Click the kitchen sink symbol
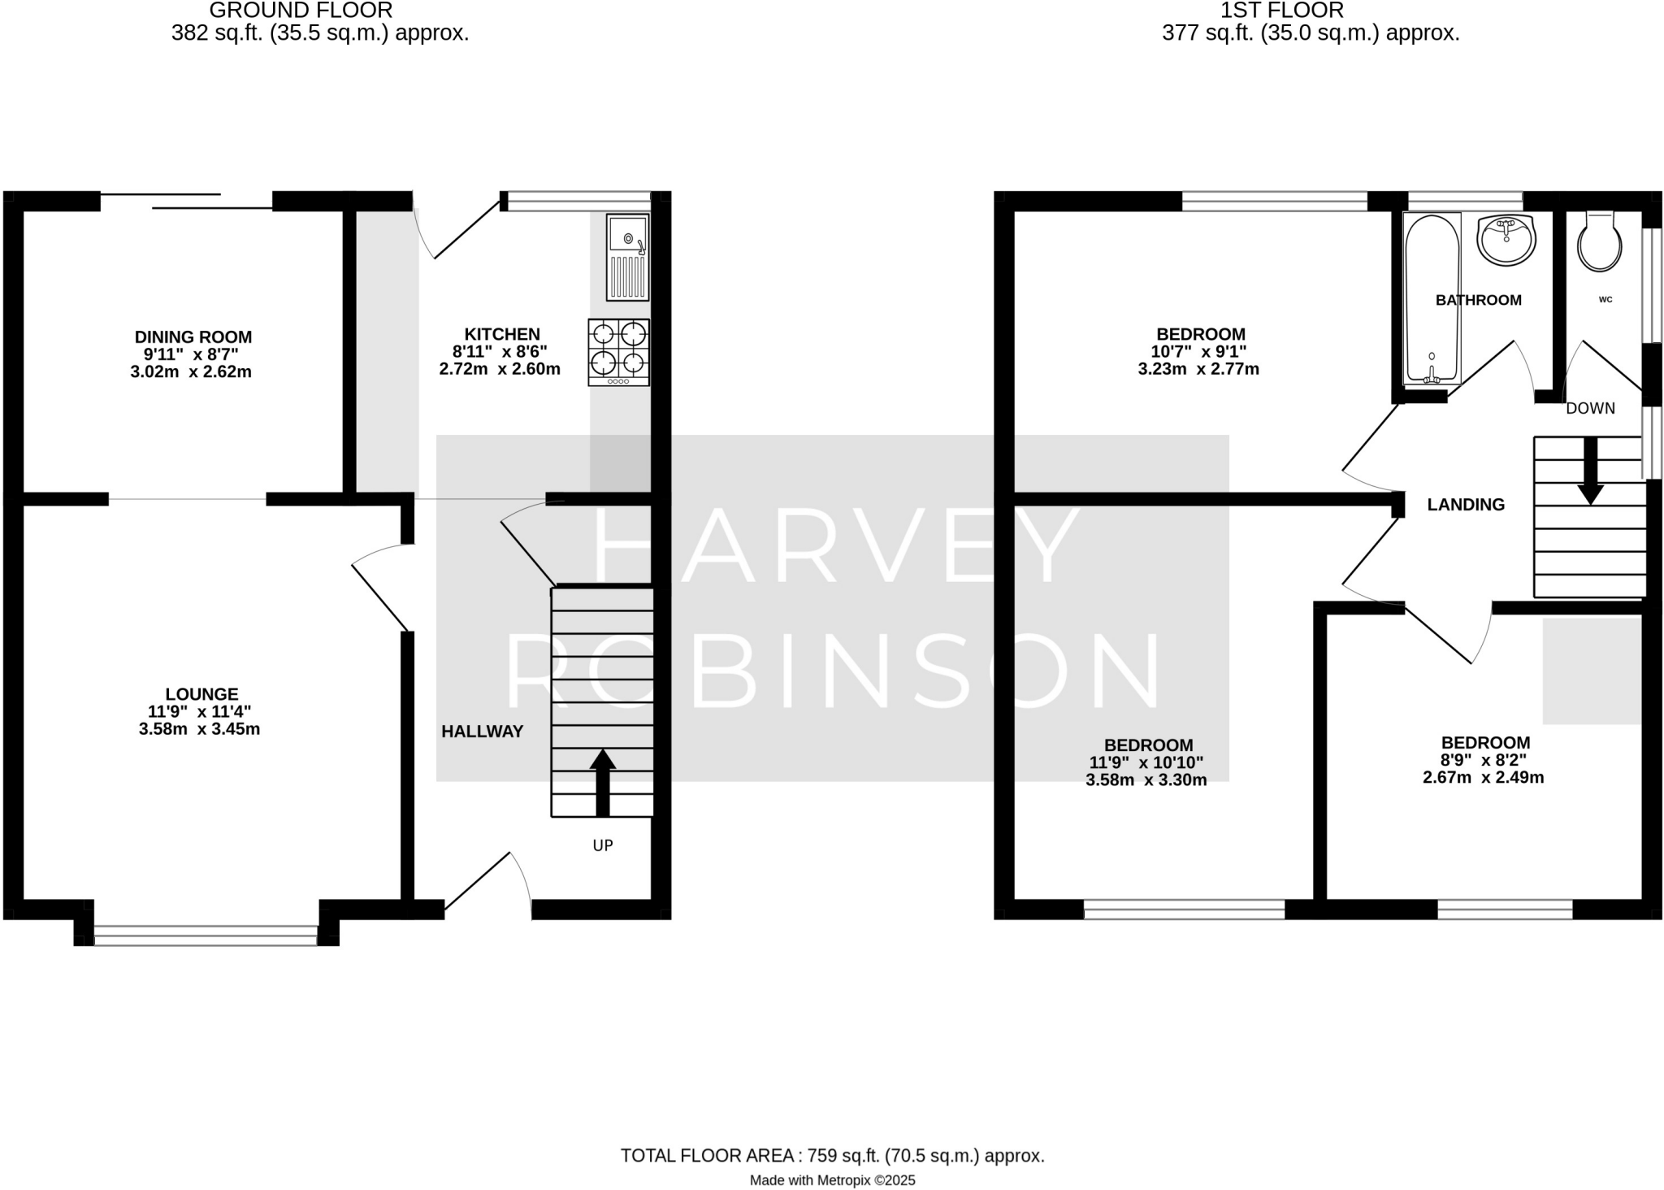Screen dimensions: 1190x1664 pos(627,257)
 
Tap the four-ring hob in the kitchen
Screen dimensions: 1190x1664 pos(619,351)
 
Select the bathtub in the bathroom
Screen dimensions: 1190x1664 pos(1432,298)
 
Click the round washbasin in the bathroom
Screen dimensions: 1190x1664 pos(1506,240)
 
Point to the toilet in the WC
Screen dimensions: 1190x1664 pos(1599,241)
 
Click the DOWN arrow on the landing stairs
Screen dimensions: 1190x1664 pos(1590,471)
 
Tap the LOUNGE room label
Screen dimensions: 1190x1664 pos(201,694)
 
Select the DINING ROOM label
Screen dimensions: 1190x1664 pos(193,337)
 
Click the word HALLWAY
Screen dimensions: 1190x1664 pos(482,732)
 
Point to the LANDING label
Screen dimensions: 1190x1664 pos(1466,505)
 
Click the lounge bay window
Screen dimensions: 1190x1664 pos(206,936)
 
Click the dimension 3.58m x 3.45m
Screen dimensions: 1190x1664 pos(199,729)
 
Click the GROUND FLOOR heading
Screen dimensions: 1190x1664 pos(301,11)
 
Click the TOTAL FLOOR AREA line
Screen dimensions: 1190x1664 pos(832,1156)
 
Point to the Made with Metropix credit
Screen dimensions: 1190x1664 pos(832,1180)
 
